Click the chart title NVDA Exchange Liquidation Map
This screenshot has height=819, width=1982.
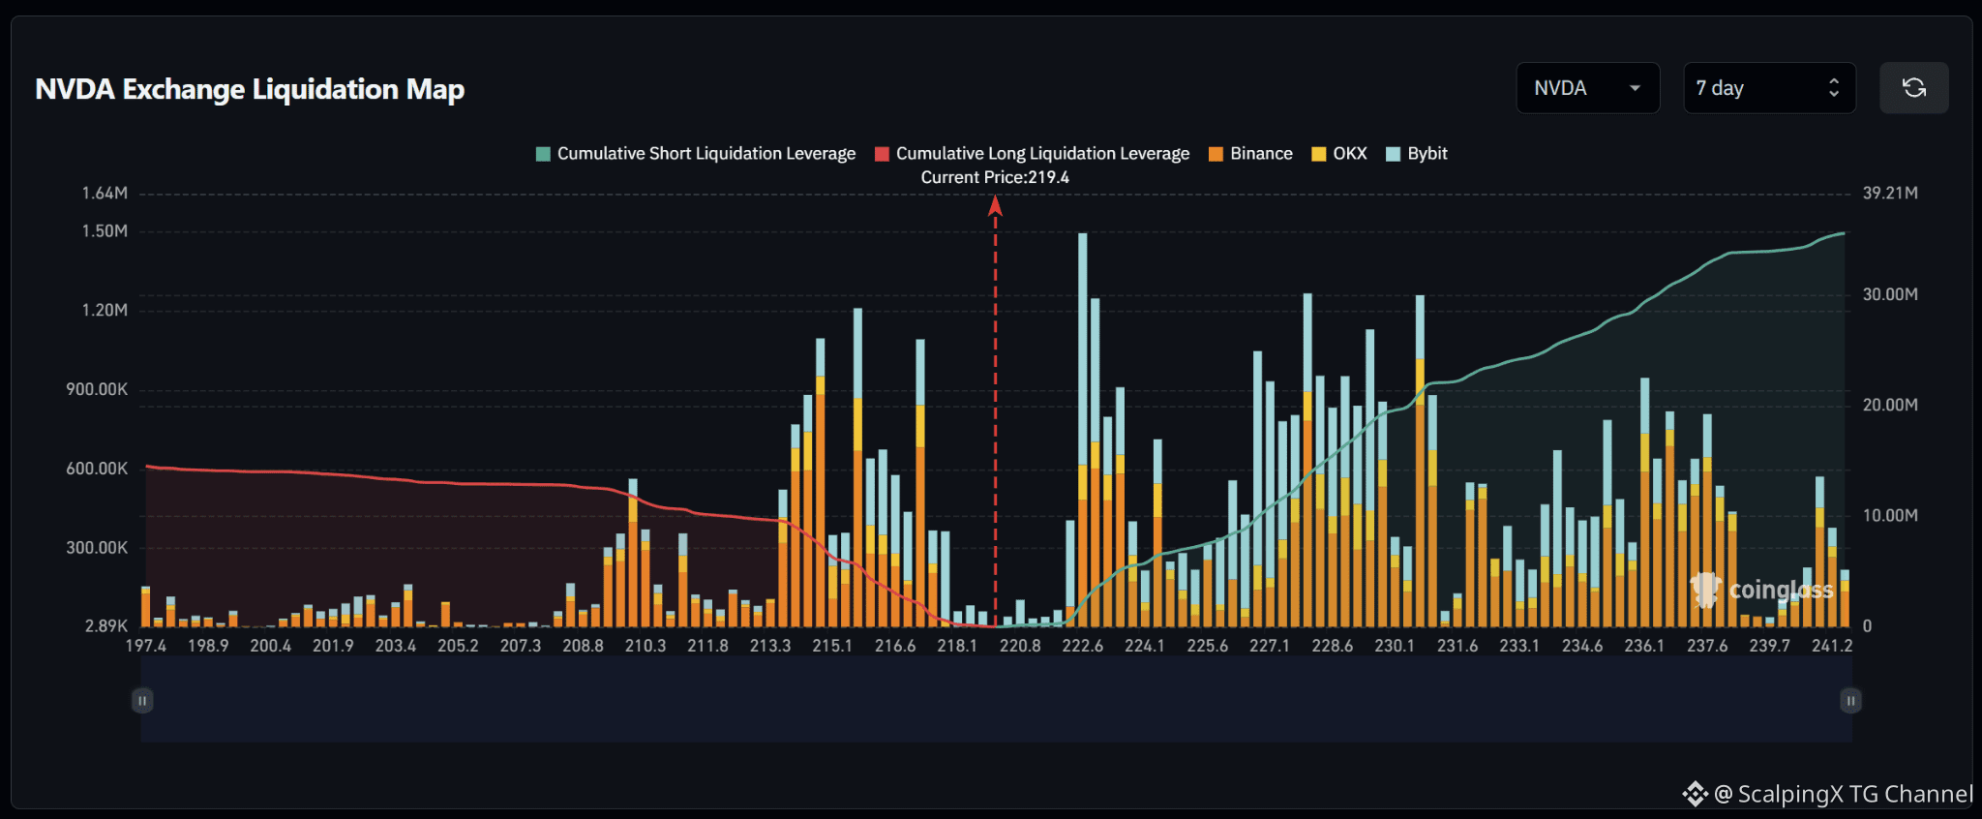point(250,89)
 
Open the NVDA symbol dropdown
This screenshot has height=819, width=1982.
point(1587,88)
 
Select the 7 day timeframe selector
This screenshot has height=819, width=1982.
point(1769,88)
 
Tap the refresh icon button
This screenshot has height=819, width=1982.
point(1913,88)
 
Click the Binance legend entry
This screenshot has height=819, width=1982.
point(1250,154)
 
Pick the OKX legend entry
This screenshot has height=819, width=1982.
point(1338,154)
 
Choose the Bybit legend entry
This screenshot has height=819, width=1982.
point(1417,154)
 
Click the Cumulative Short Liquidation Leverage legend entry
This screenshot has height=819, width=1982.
point(696,154)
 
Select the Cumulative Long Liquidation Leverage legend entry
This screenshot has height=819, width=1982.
point(1032,154)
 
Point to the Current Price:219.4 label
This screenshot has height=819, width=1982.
point(995,177)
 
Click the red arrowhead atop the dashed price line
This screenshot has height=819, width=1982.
point(995,205)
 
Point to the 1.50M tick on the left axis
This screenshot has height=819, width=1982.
point(105,231)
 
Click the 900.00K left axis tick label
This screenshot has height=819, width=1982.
point(97,389)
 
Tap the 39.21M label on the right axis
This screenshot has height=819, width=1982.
point(1890,194)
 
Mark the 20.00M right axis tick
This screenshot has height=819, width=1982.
point(1890,405)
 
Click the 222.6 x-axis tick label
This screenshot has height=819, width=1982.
point(1082,646)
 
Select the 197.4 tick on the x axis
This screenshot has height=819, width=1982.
point(145,646)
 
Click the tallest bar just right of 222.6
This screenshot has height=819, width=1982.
point(1083,430)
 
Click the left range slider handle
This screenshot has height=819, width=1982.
point(142,700)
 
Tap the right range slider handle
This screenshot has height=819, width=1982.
point(1850,700)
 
